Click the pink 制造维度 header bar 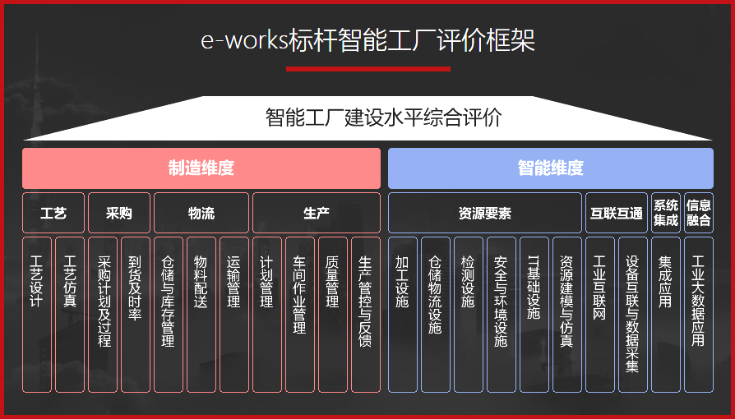201,168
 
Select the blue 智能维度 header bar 550,168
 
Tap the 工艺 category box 53,213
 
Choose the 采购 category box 119,213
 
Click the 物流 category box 201,213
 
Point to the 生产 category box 317,213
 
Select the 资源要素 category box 484,213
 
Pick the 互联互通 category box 616,213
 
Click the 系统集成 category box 666,213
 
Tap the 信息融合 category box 699,213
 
